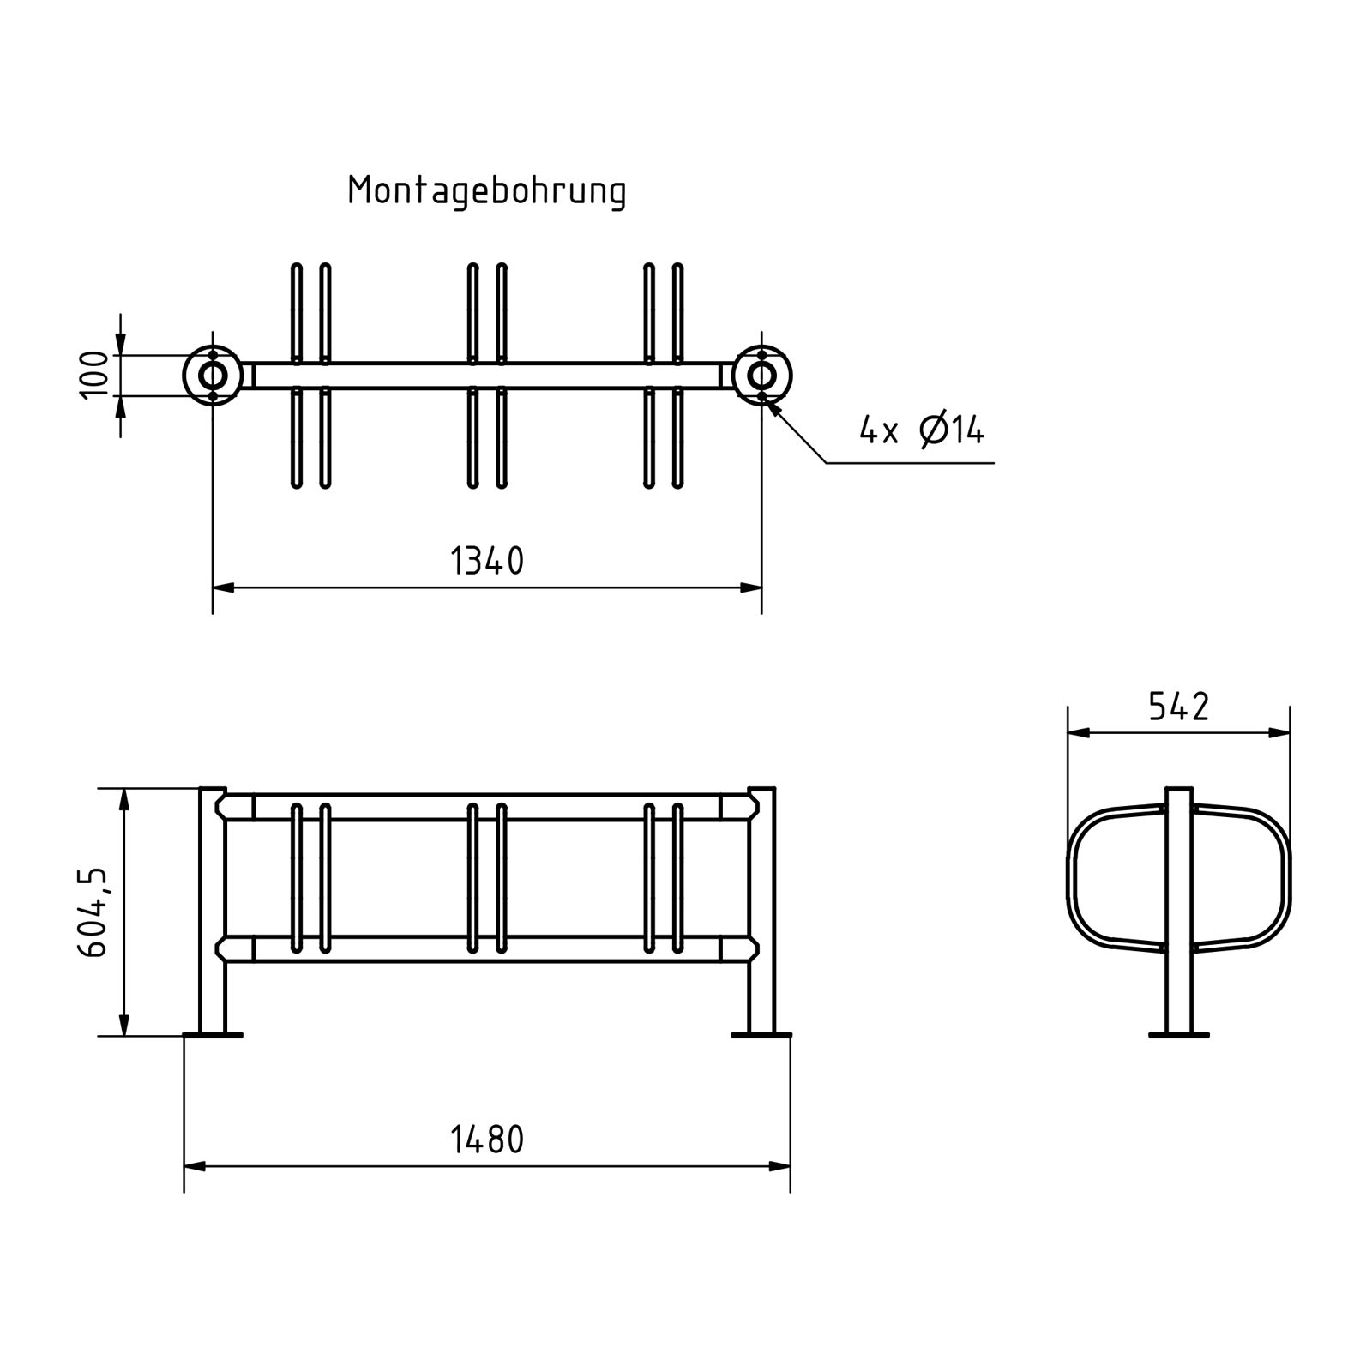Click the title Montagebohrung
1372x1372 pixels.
[x=486, y=190]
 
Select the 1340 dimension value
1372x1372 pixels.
[x=486, y=562]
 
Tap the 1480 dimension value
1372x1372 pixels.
[x=486, y=1140]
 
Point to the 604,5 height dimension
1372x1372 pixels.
[x=93, y=912]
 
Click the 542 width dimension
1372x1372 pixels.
[x=1178, y=707]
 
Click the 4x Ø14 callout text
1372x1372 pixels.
[x=922, y=430]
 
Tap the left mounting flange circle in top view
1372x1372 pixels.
[x=213, y=376]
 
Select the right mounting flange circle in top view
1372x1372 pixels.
[x=761, y=376]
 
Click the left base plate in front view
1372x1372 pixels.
[x=213, y=1035]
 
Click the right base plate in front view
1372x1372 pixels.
[x=761, y=1035]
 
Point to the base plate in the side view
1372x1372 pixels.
[x=1179, y=1035]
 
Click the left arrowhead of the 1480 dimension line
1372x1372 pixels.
[x=194, y=1166]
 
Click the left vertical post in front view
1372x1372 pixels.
[x=213, y=909]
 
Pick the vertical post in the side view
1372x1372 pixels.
[x=1179, y=909]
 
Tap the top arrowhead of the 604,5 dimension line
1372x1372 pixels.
[x=124, y=798]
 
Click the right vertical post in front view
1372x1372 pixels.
[x=761, y=909]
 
